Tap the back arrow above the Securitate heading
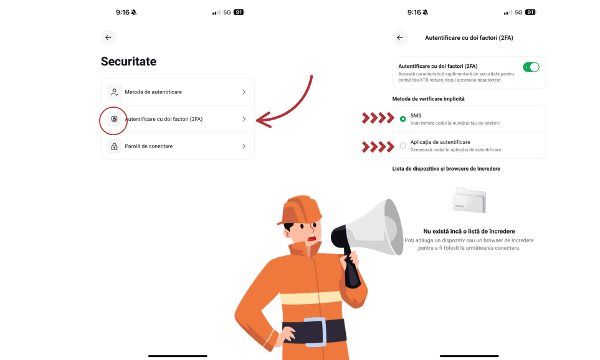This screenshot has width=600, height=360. click(x=108, y=37)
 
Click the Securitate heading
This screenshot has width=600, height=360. click(x=128, y=61)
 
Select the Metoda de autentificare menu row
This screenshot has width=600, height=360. click(x=178, y=92)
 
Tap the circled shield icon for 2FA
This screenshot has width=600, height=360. click(x=114, y=119)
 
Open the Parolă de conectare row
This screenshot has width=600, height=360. click(x=178, y=146)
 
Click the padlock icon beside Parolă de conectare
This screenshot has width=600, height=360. click(x=114, y=146)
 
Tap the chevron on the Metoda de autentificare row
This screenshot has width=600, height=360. click(x=244, y=92)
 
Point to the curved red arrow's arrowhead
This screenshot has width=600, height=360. click(x=264, y=120)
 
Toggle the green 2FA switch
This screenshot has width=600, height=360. click(x=531, y=67)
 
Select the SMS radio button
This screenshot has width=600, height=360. click(x=403, y=119)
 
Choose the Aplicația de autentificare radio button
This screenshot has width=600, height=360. click(x=403, y=146)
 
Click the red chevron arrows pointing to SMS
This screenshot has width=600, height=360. click(x=378, y=118)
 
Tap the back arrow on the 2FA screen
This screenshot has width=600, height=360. click(x=400, y=37)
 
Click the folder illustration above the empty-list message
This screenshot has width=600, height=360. click(x=469, y=200)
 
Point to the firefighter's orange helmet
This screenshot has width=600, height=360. click(x=300, y=210)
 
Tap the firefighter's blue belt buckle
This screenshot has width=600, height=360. click(x=315, y=331)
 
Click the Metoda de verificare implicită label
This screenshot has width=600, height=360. click(x=428, y=98)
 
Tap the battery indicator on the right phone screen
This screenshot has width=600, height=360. click(x=530, y=12)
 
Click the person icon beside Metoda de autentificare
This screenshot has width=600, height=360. click(x=114, y=92)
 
